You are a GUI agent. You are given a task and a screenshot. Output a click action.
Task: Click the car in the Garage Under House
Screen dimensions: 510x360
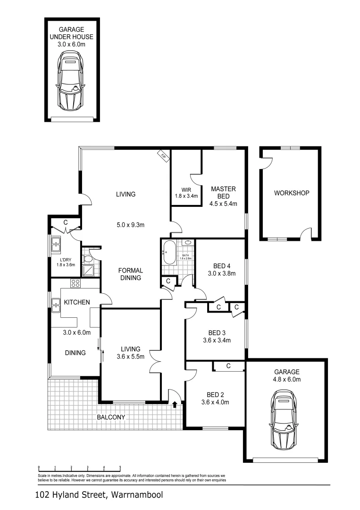point(71,83)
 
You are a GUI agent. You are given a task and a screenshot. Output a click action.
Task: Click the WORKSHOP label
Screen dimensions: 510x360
point(292,193)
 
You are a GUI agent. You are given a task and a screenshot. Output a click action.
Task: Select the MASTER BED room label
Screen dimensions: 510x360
point(223,193)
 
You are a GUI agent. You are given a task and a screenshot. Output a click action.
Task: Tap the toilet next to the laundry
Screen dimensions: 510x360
point(88,259)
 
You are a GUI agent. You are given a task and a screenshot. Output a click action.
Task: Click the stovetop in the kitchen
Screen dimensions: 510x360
point(75,283)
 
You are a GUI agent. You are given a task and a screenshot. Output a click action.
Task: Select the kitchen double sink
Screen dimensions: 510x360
point(56,306)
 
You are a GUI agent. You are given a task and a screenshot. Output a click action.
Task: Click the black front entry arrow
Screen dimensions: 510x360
point(175,404)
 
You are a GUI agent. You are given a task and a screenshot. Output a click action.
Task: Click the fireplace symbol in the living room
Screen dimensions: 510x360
point(163,156)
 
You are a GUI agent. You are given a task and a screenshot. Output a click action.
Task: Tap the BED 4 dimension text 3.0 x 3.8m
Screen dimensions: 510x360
point(221,273)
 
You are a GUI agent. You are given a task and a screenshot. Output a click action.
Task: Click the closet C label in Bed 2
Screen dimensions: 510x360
point(228,366)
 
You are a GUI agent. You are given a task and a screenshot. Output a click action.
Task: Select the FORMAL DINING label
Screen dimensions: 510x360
point(130,274)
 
